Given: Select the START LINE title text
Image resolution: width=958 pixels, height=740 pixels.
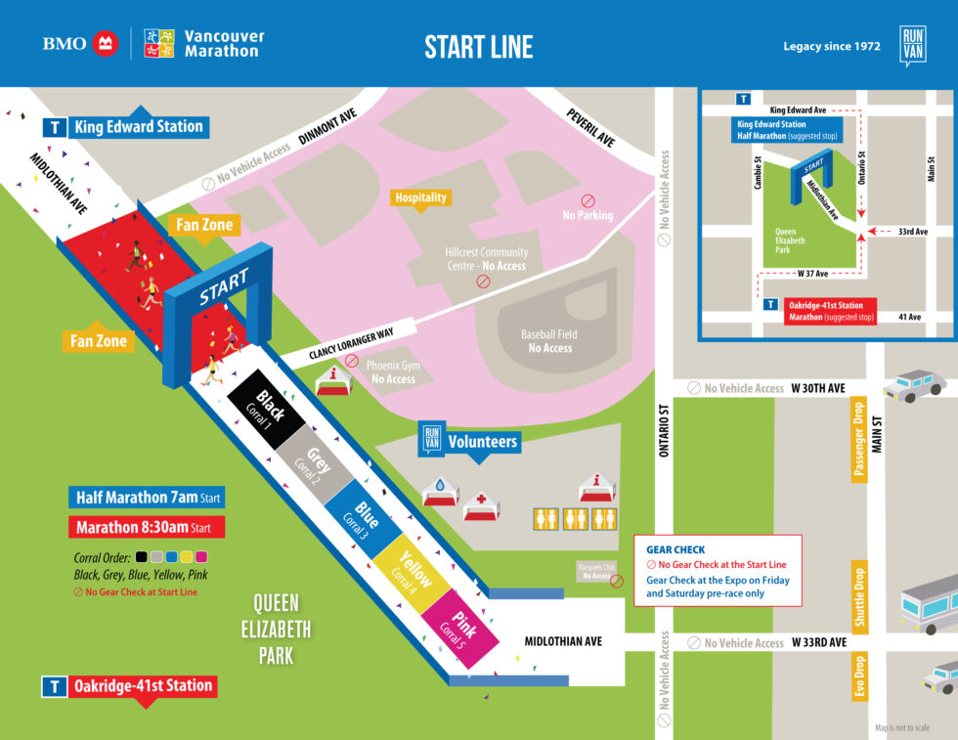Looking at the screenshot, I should coord(478,46).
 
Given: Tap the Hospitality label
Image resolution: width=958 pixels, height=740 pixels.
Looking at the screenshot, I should coord(421,197).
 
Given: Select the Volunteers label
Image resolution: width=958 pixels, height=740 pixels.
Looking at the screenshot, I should coord(481,442).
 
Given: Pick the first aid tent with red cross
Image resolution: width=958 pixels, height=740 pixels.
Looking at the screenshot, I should coord(481,505).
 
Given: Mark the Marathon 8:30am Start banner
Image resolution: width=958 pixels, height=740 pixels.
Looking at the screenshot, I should coord(147,527).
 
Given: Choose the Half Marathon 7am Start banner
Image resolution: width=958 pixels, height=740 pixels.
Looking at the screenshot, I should coord(147,498).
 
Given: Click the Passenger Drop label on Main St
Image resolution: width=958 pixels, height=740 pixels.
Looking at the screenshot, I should coord(859,440).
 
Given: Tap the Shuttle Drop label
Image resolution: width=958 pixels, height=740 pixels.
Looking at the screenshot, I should coord(859,597).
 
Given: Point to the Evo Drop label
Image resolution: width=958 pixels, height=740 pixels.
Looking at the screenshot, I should coord(859,675).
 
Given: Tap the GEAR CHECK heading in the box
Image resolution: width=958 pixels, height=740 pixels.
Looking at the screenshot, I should coord(675,549).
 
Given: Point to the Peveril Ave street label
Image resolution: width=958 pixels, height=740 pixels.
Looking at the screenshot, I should coord(590,128).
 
